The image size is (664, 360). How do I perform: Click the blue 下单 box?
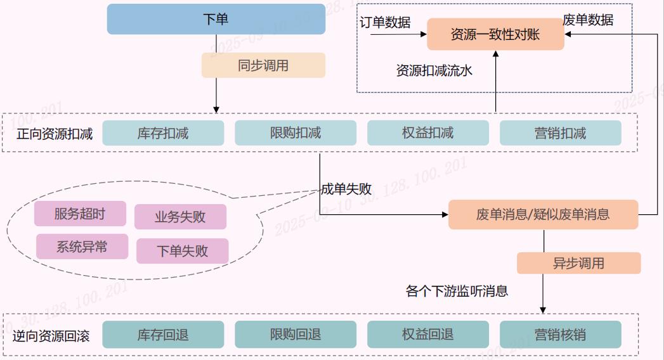(x=216, y=19)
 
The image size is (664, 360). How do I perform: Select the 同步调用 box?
(x=263, y=65)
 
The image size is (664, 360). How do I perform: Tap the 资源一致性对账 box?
(x=495, y=34)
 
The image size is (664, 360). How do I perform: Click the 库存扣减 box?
(x=163, y=133)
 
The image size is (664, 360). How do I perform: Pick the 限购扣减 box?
(x=296, y=133)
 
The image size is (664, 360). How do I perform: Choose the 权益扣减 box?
(x=428, y=133)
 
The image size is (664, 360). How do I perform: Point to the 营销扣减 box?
(x=560, y=133)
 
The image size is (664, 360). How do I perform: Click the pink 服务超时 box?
(x=80, y=214)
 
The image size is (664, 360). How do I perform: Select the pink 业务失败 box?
(x=180, y=217)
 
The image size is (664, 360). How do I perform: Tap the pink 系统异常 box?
(x=82, y=247)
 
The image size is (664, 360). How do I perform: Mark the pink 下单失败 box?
(x=182, y=251)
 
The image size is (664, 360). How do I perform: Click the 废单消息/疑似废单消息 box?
(x=543, y=214)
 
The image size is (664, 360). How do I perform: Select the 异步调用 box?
(x=578, y=263)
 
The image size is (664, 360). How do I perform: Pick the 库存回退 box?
(x=163, y=335)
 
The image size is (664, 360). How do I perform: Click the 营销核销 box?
(x=560, y=335)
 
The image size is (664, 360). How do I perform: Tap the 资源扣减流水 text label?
(x=434, y=70)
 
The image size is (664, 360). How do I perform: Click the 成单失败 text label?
(x=346, y=189)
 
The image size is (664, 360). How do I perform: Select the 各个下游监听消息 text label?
(x=457, y=292)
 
